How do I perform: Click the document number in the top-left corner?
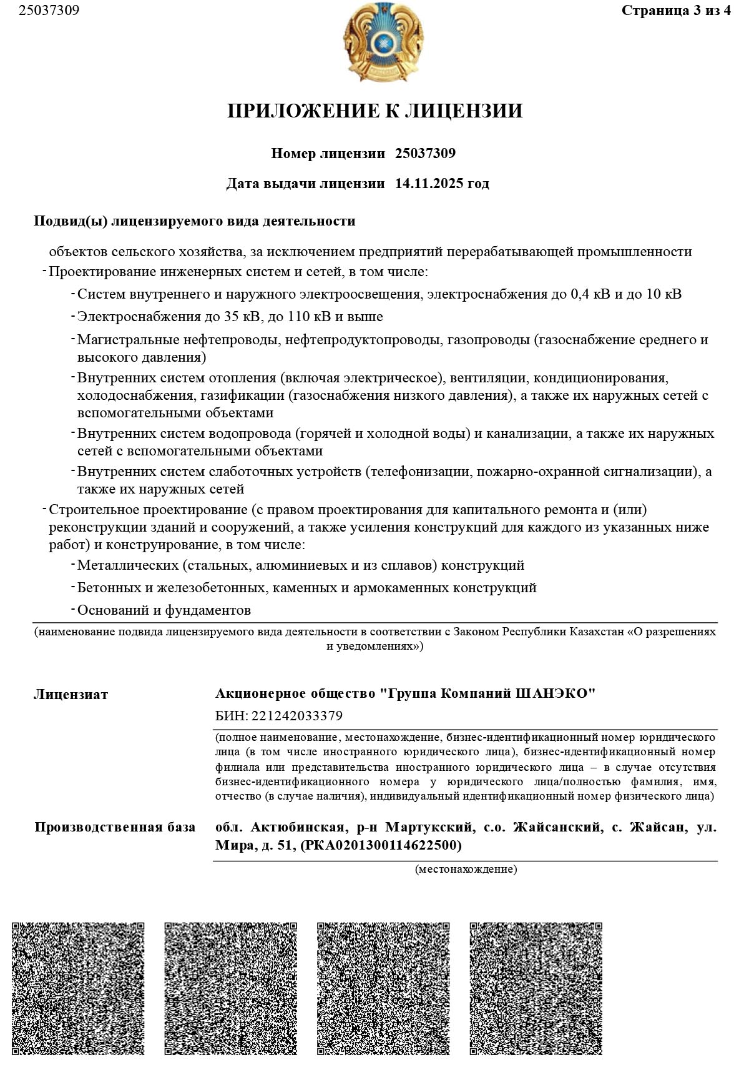[49, 11]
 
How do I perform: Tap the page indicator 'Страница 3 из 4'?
[676, 11]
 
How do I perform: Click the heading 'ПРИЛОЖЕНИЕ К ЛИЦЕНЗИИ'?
[374, 111]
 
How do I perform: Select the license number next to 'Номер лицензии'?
[425, 154]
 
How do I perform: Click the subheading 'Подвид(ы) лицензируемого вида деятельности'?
[194, 221]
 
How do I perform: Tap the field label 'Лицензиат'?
[71, 695]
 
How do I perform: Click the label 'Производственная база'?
[115, 827]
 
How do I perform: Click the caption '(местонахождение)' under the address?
[466, 869]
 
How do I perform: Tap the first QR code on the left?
[78, 988]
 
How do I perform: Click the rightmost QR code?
[536, 988]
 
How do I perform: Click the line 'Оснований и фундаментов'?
[164, 610]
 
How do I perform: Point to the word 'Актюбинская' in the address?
[298, 827]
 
